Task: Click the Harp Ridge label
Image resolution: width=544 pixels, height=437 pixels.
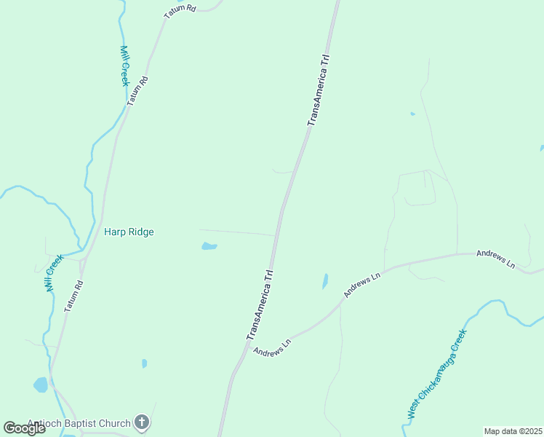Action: pyautogui.click(x=129, y=232)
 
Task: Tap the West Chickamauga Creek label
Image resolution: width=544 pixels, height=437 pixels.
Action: pyautogui.click(x=436, y=374)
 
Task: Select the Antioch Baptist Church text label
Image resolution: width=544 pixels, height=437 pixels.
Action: pyautogui.click(x=79, y=423)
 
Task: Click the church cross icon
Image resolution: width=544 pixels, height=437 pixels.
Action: pyautogui.click(x=142, y=422)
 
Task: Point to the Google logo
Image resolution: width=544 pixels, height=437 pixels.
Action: pyautogui.click(x=24, y=428)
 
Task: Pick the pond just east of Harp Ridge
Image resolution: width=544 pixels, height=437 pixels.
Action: pyautogui.click(x=209, y=246)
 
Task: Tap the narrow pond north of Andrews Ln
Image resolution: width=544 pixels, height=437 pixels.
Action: pyautogui.click(x=325, y=281)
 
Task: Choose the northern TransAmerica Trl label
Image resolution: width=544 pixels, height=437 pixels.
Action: pyautogui.click(x=319, y=90)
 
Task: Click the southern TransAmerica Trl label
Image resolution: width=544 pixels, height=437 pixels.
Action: pyautogui.click(x=260, y=305)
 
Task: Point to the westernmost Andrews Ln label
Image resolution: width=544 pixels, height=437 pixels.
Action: pyautogui.click(x=272, y=346)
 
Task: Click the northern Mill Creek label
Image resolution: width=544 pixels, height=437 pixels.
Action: pyautogui.click(x=124, y=66)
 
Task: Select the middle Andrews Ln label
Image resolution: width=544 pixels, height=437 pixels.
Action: pyautogui.click(x=362, y=285)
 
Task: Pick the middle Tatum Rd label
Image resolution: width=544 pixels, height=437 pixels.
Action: pyautogui.click(x=137, y=91)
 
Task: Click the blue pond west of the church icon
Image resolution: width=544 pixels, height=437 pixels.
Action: pyautogui.click(x=41, y=385)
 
